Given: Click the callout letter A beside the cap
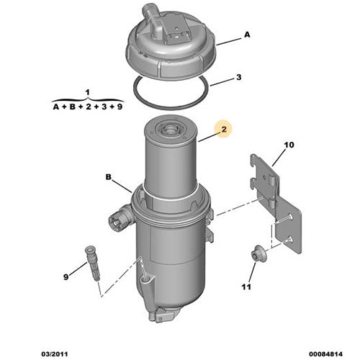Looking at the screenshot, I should click(247, 34).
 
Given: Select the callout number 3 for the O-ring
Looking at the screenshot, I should click(238, 77).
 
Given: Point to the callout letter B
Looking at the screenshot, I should click(109, 176).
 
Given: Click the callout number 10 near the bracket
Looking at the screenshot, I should click(288, 145).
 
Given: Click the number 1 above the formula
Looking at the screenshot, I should click(87, 92).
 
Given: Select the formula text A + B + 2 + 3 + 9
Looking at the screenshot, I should click(88, 107).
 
